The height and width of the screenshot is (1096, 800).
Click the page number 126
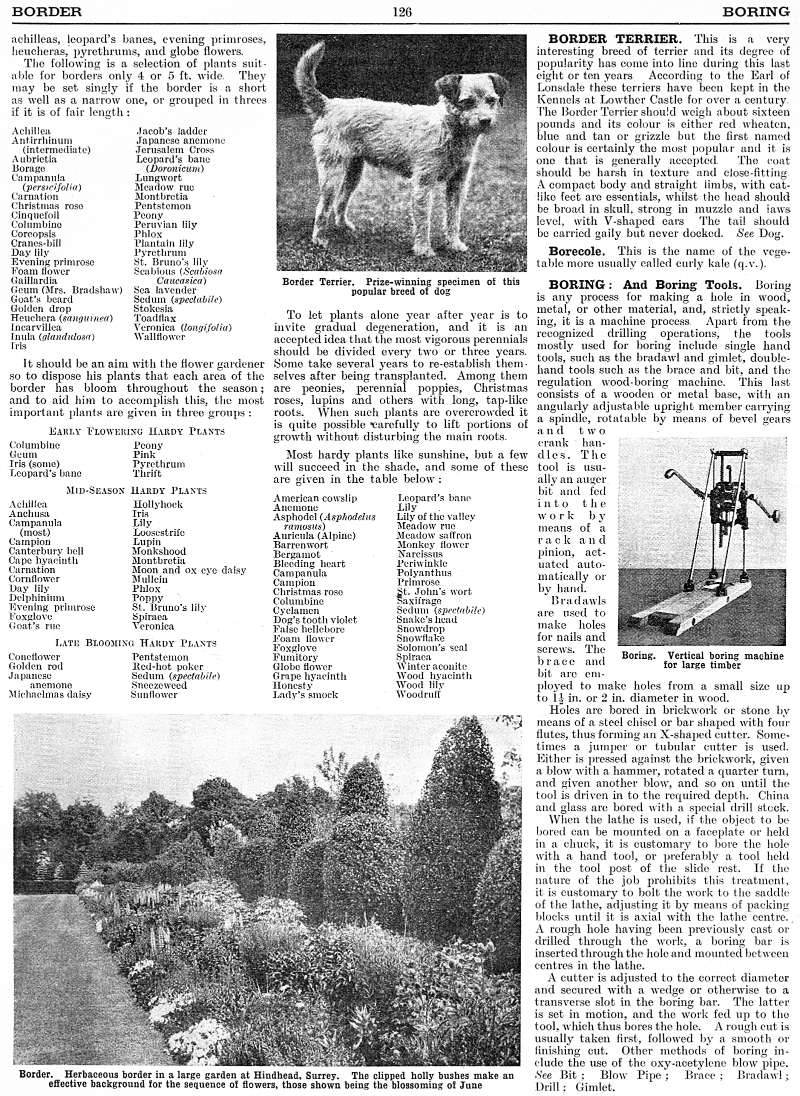coord(402,12)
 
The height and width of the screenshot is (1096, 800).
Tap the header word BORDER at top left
coord(46,11)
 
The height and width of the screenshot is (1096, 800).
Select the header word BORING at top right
coord(755,11)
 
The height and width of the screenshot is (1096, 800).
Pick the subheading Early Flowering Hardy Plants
coord(137,431)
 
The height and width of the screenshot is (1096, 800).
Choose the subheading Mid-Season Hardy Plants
coord(136,491)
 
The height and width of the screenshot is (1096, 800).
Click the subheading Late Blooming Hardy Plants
coord(135,643)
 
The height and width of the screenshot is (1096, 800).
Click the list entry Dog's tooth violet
coord(314,620)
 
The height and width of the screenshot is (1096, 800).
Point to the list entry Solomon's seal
coord(431,648)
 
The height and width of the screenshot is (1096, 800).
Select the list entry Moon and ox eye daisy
coord(189,570)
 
